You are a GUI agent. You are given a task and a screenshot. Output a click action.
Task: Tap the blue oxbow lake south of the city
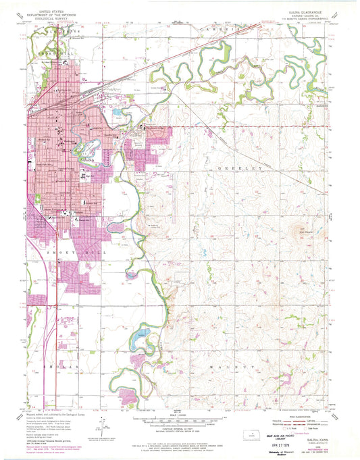(x=138, y=334)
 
